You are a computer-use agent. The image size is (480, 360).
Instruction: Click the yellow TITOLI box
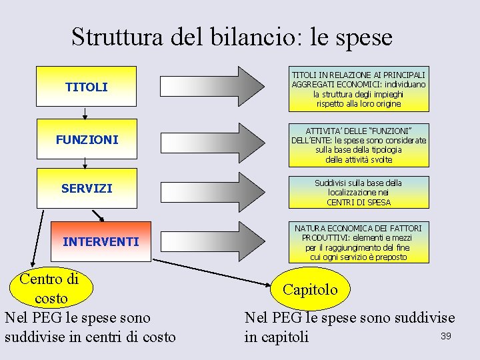(x=86, y=87)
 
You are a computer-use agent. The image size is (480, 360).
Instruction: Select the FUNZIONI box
(x=87, y=140)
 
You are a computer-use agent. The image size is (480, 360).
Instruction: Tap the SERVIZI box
(x=87, y=189)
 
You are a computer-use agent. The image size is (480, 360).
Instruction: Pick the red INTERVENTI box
(x=101, y=241)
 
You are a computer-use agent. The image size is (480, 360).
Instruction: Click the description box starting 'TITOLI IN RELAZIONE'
(x=359, y=89)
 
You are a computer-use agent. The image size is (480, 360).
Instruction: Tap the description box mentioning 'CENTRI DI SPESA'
(x=359, y=192)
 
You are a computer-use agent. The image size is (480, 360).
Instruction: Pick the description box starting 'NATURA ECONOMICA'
(x=359, y=243)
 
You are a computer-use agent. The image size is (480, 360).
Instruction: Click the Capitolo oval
(x=311, y=289)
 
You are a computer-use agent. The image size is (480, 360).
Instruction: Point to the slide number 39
(x=446, y=336)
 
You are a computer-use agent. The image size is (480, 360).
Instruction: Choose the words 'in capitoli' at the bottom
(x=277, y=337)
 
